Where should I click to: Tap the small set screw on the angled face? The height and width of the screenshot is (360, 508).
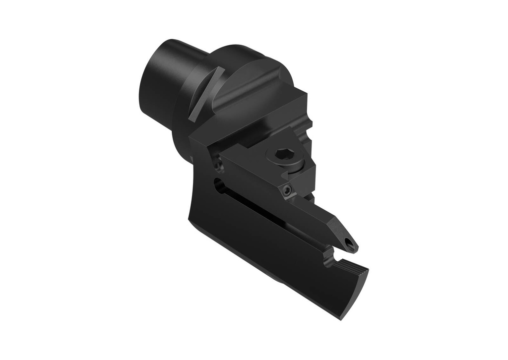click(x=286, y=191)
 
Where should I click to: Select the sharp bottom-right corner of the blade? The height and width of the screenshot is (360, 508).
click(x=342, y=318)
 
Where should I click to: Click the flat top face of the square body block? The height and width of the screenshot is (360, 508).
click(x=258, y=117)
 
